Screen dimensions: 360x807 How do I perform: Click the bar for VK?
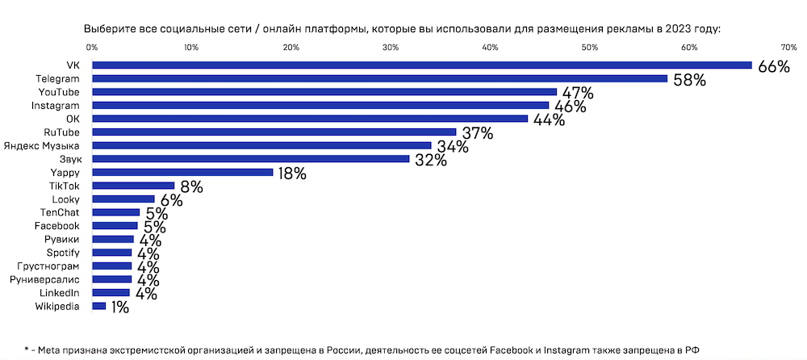click(x=421, y=65)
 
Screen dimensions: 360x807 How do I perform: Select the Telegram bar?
click(x=379, y=78)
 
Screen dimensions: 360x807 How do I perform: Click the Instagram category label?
click(x=56, y=105)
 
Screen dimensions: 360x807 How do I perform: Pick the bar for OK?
click(x=310, y=119)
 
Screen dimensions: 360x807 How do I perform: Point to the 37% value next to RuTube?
click(x=477, y=133)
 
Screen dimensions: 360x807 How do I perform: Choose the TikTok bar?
click(x=133, y=186)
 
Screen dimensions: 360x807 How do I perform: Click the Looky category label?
click(x=65, y=199)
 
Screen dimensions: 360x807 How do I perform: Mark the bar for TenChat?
click(x=115, y=212)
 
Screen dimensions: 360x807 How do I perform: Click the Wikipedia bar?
click(x=98, y=306)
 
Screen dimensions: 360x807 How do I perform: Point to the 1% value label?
click(x=120, y=308)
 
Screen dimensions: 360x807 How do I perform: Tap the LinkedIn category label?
click(x=60, y=292)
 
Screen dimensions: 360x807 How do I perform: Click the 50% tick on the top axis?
click(x=589, y=48)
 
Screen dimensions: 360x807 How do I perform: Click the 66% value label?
click(x=773, y=67)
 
